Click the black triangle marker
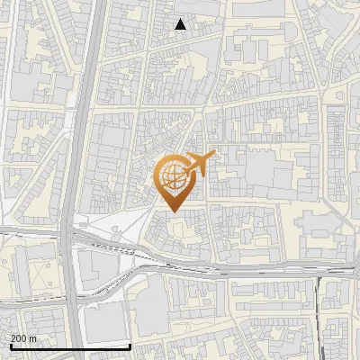point(181,24)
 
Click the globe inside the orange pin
point(172,175)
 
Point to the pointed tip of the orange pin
point(173,211)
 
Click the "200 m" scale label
point(23,337)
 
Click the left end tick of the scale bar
point(10,346)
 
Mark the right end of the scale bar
point(131,346)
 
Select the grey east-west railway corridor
point(225,268)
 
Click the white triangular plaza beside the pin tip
point(126,225)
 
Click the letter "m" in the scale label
point(33,337)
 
